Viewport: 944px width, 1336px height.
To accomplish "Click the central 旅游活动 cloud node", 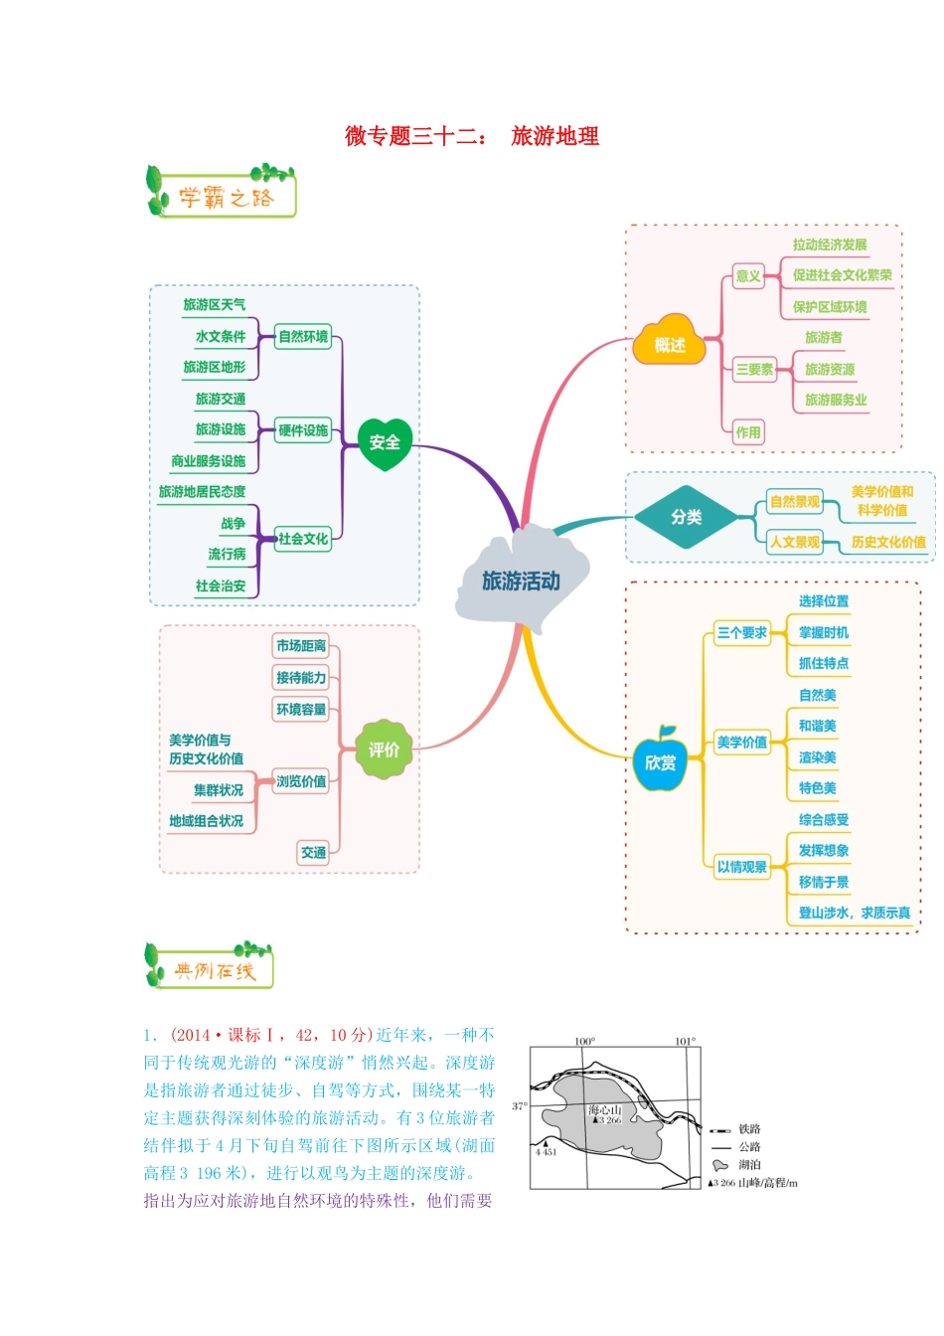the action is click(x=522, y=580).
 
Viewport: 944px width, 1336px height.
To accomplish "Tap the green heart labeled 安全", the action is click(x=385, y=443).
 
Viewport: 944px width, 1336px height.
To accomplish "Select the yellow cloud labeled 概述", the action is click(x=669, y=341).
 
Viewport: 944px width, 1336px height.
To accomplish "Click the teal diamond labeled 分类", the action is click(x=686, y=517).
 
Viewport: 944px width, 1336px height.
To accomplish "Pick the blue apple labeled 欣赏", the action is click(x=660, y=759).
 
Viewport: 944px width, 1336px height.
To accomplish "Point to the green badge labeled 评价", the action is click(x=384, y=750).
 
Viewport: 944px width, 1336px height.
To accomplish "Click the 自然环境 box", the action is click(x=303, y=336).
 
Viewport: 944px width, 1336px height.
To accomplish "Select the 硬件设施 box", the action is click(x=303, y=430).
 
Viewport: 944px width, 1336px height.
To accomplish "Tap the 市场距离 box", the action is click(x=300, y=646).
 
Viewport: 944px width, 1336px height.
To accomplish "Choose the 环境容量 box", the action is click(x=300, y=709).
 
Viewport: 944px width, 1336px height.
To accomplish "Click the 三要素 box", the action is click(x=754, y=369).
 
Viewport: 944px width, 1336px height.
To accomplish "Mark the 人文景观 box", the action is click(x=795, y=542).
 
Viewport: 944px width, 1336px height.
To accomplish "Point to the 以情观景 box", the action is click(x=742, y=867).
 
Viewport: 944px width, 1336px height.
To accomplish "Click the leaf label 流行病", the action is click(x=227, y=554).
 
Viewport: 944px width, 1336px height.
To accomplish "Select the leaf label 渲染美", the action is click(x=817, y=757).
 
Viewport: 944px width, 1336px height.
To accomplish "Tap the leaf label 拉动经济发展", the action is click(x=830, y=245).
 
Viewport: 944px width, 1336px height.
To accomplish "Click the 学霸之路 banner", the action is click(x=221, y=191).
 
